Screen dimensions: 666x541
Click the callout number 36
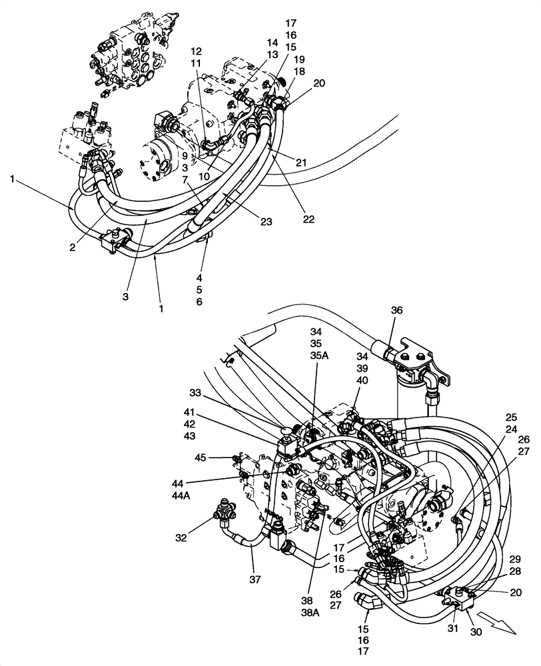pos(396,310)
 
